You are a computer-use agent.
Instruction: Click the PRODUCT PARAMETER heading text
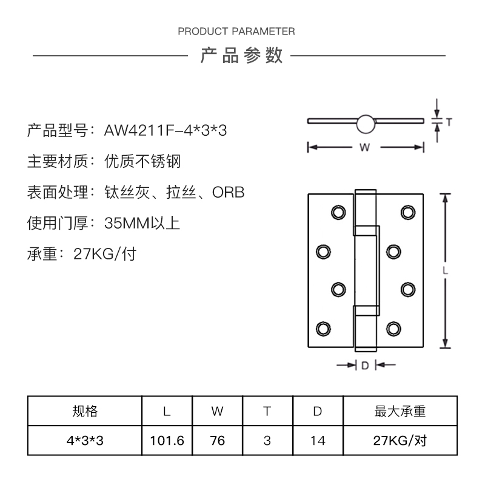(x=236, y=32)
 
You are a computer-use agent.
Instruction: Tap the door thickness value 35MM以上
(x=142, y=223)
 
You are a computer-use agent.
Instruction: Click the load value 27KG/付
(x=104, y=254)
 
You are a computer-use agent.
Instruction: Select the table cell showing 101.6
(x=167, y=441)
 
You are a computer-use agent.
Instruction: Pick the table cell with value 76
(x=217, y=441)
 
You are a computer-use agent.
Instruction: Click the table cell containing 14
(x=317, y=441)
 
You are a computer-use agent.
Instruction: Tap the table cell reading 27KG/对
(x=400, y=441)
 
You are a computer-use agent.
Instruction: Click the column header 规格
(x=85, y=412)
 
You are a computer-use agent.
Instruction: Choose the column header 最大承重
(x=400, y=412)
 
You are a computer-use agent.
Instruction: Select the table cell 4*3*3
(x=85, y=441)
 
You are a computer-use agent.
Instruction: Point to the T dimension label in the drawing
(x=449, y=122)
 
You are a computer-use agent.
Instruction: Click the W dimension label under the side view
(x=364, y=147)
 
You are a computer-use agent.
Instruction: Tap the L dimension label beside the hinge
(x=446, y=272)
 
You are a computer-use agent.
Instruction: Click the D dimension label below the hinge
(x=365, y=366)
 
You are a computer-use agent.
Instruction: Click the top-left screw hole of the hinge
(x=337, y=212)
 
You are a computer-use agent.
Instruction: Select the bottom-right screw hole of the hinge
(x=393, y=329)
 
